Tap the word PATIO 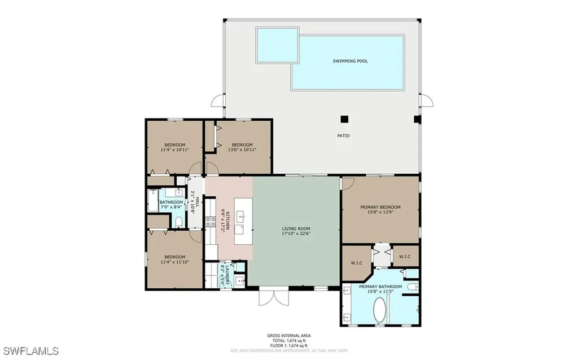tap(343, 135)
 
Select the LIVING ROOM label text tap(296, 231)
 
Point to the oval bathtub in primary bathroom tap(380, 310)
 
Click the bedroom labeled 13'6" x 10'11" tap(242, 147)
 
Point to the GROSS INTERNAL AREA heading tap(288, 336)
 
